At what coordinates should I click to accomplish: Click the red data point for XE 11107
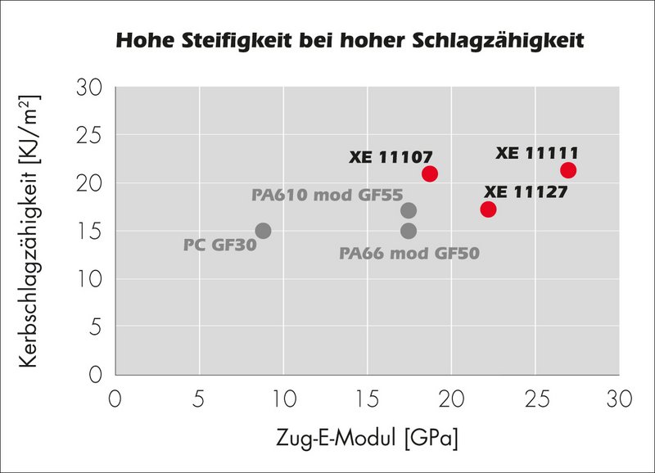point(430,173)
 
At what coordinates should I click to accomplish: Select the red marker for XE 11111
point(568,170)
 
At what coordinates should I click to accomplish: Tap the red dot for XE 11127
point(489,209)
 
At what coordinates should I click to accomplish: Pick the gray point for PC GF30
point(263,231)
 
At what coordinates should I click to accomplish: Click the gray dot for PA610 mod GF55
point(409,211)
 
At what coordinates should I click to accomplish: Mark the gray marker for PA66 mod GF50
point(409,231)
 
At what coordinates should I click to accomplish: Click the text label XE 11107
point(391,156)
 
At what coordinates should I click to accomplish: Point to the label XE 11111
point(537,153)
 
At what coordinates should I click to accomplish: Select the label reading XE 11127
point(526,191)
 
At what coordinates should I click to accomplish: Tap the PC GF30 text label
point(219,244)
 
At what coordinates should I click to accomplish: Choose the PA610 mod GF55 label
point(322,195)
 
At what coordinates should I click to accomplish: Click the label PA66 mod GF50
point(409,253)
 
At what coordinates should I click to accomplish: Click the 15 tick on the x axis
point(366,399)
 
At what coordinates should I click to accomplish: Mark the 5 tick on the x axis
point(198,399)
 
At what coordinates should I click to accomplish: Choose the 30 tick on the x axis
point(618,399)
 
